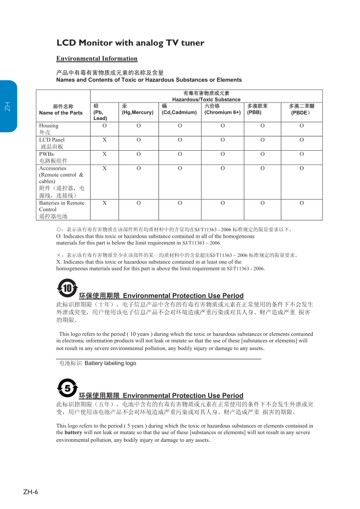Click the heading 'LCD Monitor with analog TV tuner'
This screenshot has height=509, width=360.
click(x=130, y=43)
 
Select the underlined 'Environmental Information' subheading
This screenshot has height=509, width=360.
click(x=97, y=59)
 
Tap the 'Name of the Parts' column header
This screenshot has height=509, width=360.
click(x=61, y=112)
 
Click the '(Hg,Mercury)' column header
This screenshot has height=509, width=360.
click(x=137, y=112)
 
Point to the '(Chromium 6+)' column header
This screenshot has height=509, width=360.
click(x=223, y=112)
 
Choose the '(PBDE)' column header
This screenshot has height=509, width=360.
click(x=301, y=112)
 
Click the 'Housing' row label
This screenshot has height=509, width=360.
click(x=49, y=126)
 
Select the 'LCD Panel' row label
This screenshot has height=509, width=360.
click(x=52, y=139)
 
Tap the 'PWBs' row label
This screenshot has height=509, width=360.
click(x=47, y=154)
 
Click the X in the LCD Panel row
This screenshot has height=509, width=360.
click(x=105, y=139)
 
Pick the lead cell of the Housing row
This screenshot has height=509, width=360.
click(x=105, y=126)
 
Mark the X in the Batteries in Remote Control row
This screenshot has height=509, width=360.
click(x=105, y=203)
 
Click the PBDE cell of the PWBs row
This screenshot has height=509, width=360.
click(x=302, y=154)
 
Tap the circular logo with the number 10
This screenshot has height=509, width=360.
click(x=67, y=288)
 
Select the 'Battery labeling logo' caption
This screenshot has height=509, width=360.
click(x=110, y=363)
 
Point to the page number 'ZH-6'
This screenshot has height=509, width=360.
click(x=30, y=492)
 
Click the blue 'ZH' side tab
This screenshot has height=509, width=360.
click(x=8, y=107)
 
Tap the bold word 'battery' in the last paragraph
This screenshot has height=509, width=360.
click(x=73, y=433)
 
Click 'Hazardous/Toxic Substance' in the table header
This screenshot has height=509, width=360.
click(x=206, y=99)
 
